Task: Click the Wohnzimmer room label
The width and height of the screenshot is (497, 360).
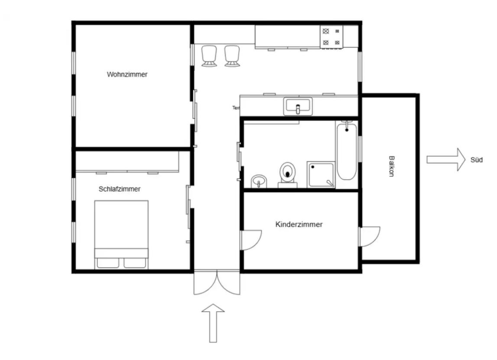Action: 127,75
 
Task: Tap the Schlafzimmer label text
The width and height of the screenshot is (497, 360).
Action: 120,189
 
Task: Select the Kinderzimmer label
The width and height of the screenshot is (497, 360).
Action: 299,224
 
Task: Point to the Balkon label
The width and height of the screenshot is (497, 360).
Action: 391,166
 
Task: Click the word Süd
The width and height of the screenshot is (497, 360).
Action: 476,160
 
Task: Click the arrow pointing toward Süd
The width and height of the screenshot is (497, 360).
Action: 446,160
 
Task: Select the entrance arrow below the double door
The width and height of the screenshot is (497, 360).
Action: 213,323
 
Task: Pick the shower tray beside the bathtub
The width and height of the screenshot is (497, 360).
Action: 321,174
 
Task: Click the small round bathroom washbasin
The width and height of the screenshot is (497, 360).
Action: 259,182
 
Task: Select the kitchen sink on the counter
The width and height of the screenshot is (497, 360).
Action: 298,106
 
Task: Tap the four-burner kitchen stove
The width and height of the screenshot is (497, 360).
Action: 331,37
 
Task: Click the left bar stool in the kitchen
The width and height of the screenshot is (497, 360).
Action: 209,56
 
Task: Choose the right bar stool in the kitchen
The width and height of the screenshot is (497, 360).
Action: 232,56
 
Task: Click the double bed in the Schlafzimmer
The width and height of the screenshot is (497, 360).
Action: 121,235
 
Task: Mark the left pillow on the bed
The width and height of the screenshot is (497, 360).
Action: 108,263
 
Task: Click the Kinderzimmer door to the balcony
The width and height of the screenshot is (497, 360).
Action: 370,236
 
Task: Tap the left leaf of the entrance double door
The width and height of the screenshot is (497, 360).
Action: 205,283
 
